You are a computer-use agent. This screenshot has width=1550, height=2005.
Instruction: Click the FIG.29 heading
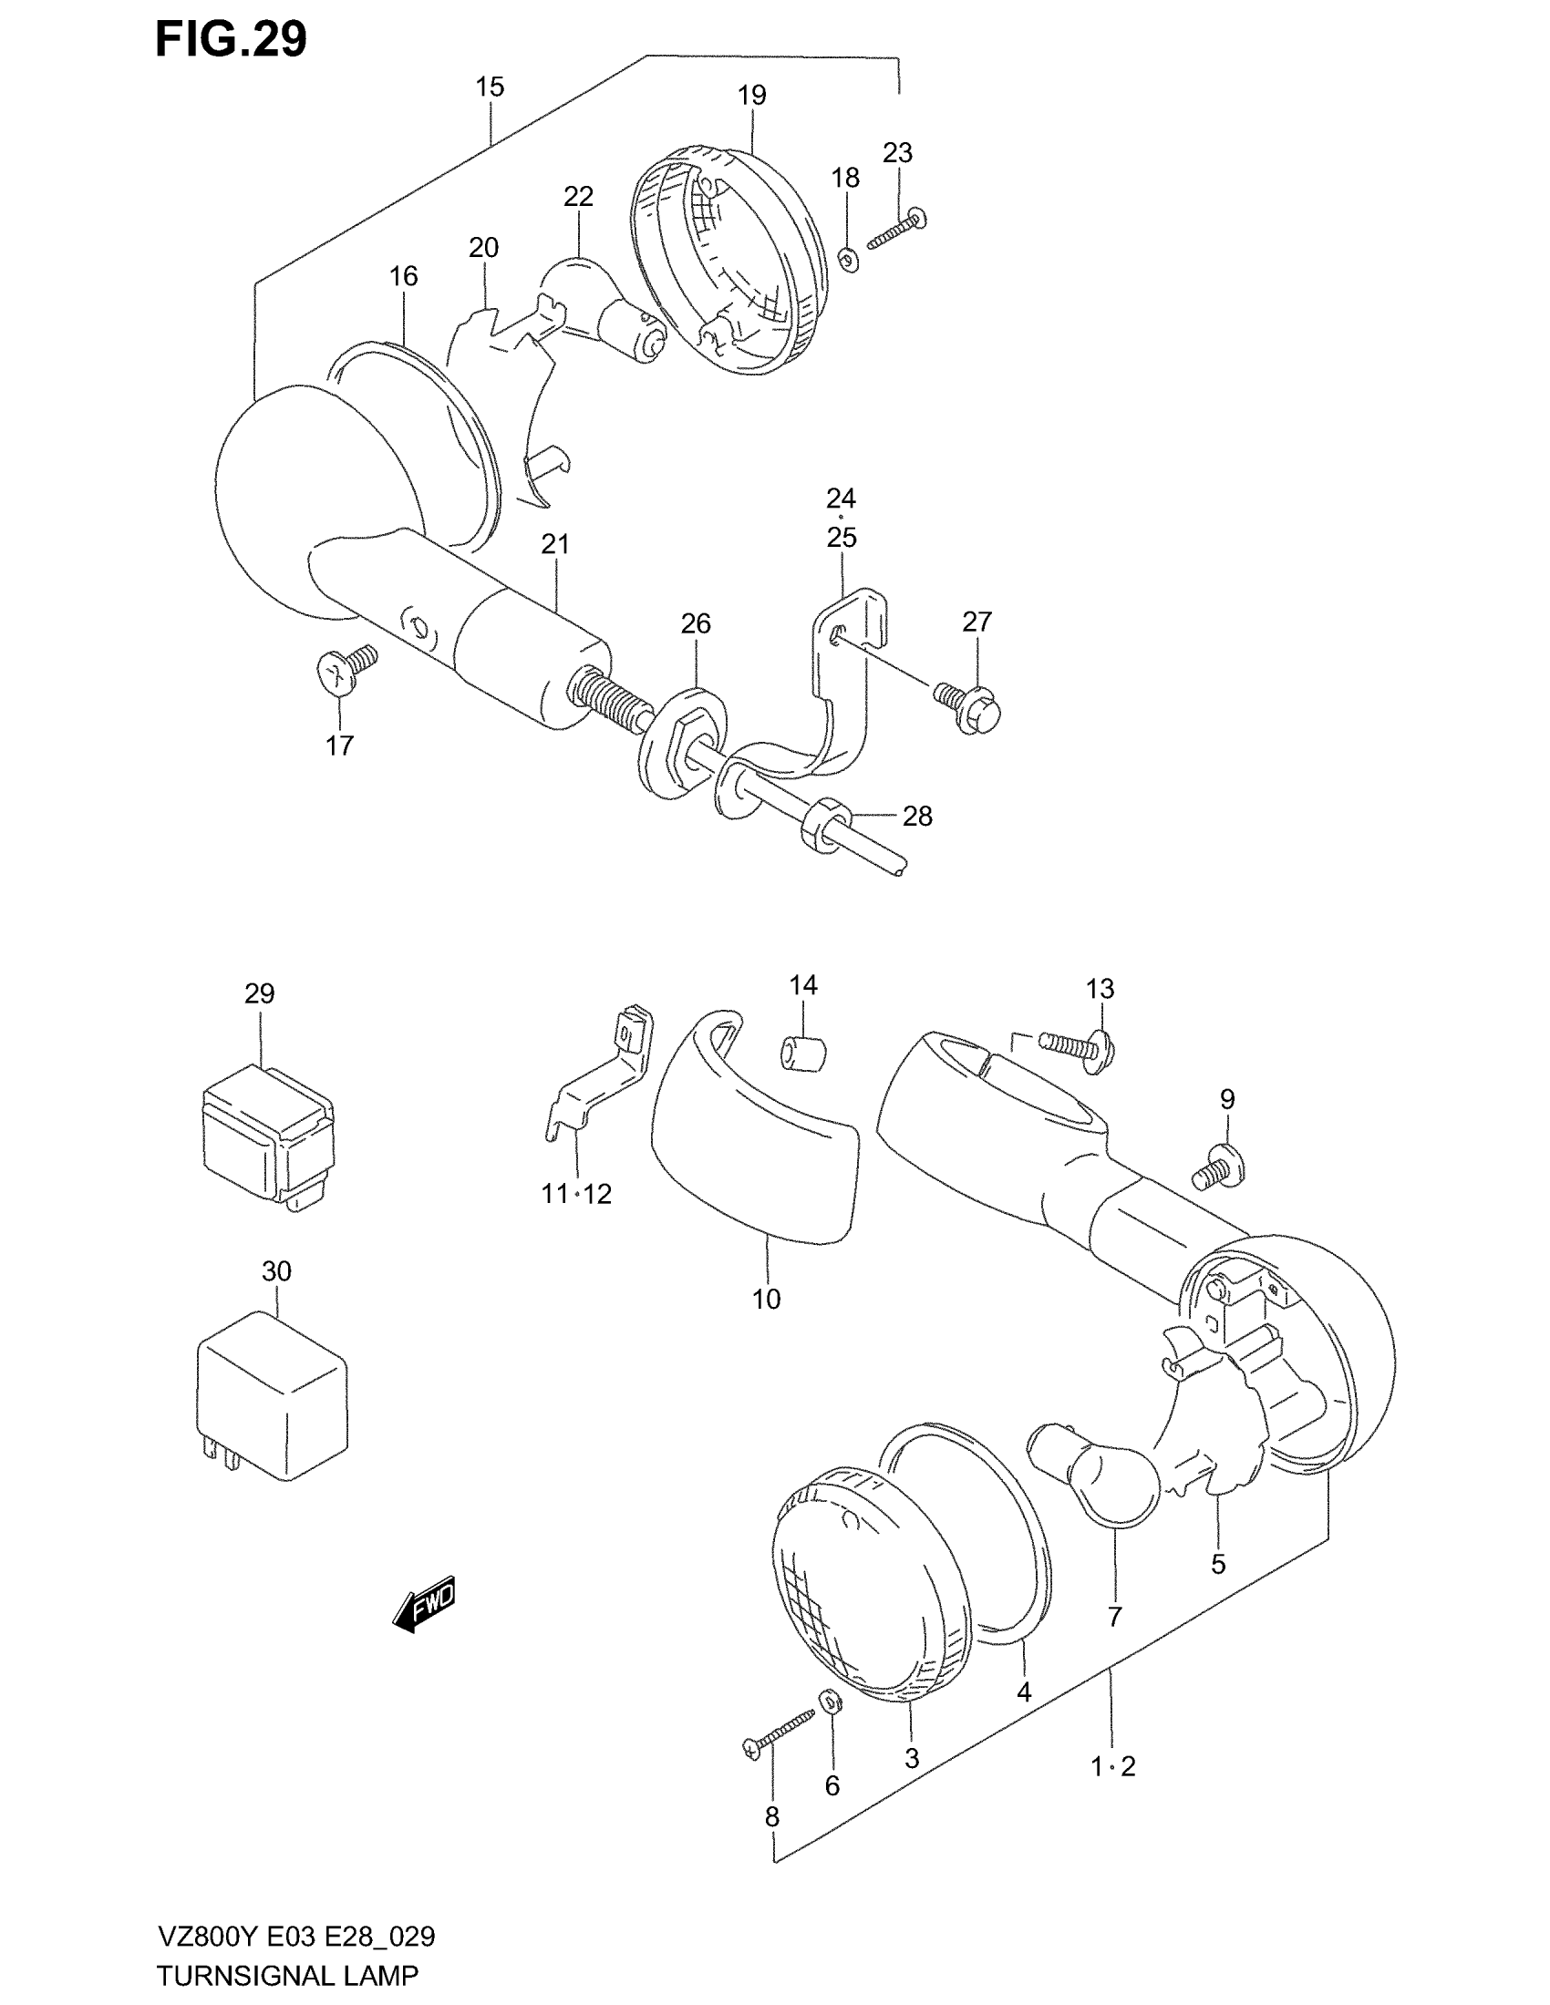(x=231, y=40)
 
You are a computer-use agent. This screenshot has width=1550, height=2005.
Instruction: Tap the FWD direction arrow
(x=424, y=1604)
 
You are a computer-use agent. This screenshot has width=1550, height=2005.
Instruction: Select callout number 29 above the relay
(x=260, y=993)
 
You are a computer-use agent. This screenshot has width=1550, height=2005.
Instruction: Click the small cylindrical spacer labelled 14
(x=801, y=1051)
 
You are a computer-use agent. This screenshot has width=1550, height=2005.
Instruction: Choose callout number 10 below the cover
(x=766, y=1299)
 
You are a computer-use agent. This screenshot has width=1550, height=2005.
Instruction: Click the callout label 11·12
(x=575, y=1195)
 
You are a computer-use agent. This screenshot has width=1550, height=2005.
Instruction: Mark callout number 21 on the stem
(x=554, y=544)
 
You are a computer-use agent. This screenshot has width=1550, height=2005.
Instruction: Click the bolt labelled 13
(x=1077, y=1044)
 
